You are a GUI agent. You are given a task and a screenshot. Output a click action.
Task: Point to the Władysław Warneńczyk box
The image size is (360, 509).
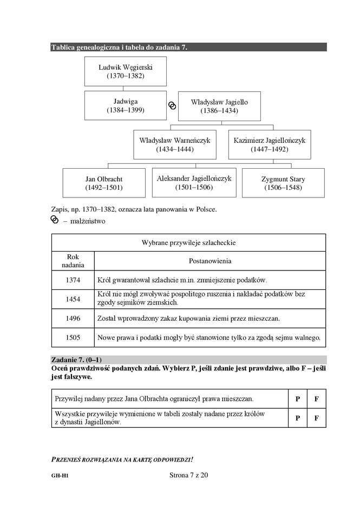pos(175,144)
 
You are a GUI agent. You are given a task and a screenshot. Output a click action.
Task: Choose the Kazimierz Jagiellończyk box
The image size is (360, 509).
pos(269,144)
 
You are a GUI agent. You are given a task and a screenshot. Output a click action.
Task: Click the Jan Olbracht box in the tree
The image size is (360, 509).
pos(104,183)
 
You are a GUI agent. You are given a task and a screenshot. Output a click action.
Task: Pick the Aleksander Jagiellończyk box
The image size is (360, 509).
pos(194,182)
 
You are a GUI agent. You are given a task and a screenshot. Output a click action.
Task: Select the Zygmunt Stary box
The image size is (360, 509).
pos(283,183)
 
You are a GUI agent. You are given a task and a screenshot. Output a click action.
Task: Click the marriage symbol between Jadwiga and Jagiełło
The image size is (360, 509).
pos(172,105)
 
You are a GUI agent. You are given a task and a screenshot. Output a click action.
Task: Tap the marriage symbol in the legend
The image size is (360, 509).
pos(54,220)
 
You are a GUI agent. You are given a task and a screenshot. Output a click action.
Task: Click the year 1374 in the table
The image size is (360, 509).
pos(73,280)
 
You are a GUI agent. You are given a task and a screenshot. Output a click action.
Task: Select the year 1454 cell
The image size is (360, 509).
pos(73,299)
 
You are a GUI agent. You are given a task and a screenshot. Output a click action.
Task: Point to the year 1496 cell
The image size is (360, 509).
pos(73,318)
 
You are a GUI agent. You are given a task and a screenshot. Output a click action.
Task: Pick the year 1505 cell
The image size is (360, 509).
pos(73,338)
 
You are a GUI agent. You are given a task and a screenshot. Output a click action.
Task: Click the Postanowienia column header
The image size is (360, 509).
pos(210,261)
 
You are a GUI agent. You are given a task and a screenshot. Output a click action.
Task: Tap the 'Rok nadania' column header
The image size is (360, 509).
pos(73,261)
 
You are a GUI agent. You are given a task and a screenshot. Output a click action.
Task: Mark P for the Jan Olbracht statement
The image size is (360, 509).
pos(297,399)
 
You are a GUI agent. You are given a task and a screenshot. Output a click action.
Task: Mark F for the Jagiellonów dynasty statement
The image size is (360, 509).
pos(317,418)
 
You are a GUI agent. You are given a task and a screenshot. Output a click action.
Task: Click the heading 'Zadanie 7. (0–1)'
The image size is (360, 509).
pos(76,360)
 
